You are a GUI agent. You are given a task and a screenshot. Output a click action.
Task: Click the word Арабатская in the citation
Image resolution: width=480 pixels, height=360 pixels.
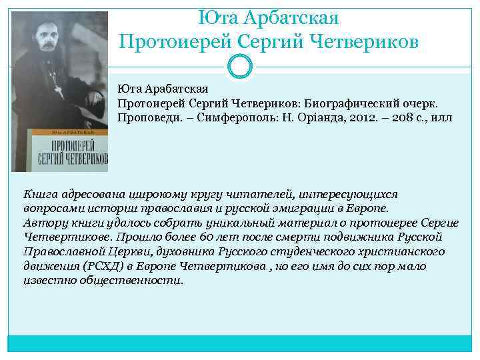[x=179, y=89]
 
